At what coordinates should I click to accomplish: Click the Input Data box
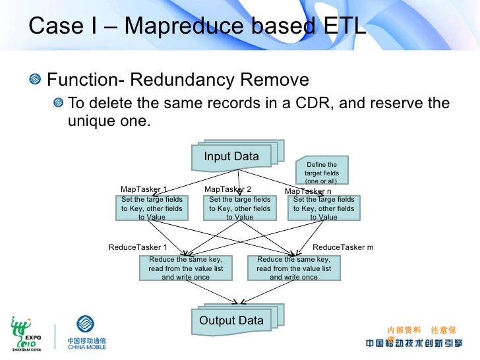231,156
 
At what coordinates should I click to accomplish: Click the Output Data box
231,320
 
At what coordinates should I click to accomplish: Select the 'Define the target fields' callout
322,172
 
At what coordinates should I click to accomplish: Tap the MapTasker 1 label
144,189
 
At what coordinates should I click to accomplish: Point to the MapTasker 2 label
227,189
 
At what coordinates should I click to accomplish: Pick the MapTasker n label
308,191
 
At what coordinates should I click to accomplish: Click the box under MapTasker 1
152,208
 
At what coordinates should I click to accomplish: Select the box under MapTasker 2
239,208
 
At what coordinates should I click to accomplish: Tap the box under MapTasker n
324,208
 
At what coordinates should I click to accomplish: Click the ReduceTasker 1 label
138,247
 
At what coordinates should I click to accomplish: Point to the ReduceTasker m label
343,247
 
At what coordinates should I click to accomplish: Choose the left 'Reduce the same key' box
185,268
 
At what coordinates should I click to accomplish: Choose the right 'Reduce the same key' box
293,268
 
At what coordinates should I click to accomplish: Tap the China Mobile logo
86,332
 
